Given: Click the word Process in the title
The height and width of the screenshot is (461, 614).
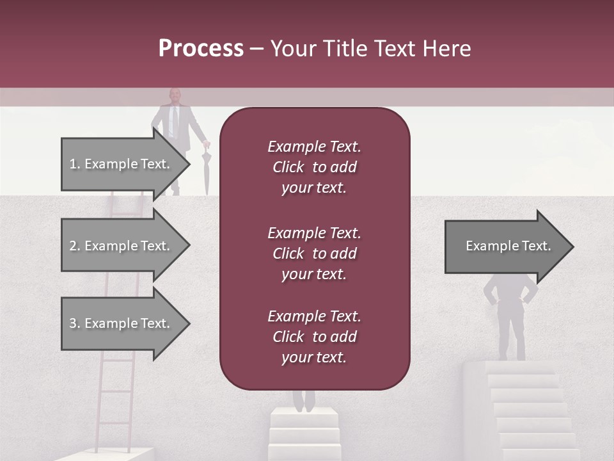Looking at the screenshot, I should click(201, 49).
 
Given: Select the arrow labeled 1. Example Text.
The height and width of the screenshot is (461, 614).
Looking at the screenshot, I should click(122, 164).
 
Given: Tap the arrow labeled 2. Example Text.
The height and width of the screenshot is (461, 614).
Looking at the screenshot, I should click(122, 246).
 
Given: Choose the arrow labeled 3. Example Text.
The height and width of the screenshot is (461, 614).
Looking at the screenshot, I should click(122, 324).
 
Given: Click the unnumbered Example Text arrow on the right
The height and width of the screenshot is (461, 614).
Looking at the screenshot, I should click(505, 247).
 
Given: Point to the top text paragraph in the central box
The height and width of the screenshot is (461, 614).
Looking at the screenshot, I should click(314, 167).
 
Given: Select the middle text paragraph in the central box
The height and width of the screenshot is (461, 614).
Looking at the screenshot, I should click(314, 254).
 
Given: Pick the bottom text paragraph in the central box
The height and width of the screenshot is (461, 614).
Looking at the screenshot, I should click(314, 337).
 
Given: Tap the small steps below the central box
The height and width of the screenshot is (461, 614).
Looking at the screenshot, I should click(304, 432).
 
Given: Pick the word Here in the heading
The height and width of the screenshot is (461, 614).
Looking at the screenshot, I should click(448, 49).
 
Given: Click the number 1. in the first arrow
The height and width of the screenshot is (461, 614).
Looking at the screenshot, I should click(75, 164).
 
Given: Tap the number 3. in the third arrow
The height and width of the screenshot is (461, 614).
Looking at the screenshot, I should click(75, 324).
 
